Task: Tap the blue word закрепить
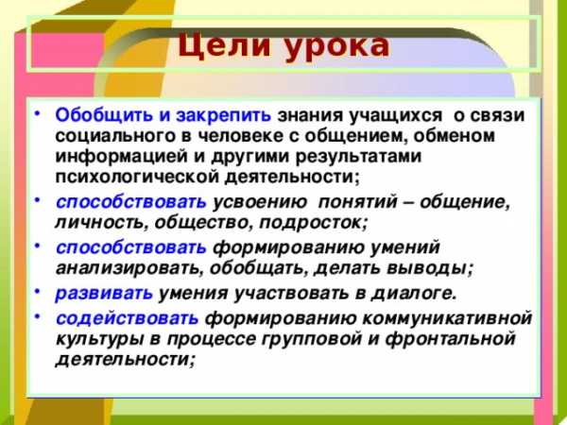pyautogui.click(x=223, y=116)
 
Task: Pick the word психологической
pyautogui.click(x=137, y=178)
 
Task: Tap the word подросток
pyautogui.click(x=314, y=223)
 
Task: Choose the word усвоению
pyautogui.click(x=260, y=202)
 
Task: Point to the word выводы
pyautogui.click(x=430, y=269)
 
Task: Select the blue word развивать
pyautogui.click(x=104, y=294)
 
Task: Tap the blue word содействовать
pyautogui.click(x=127, y=318)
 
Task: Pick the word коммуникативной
pyautogui.click(x=447, y=318)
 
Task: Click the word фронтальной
pyautogui.click(x=450, y=339)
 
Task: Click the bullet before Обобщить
pyautogui.click(x=38, y=113)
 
